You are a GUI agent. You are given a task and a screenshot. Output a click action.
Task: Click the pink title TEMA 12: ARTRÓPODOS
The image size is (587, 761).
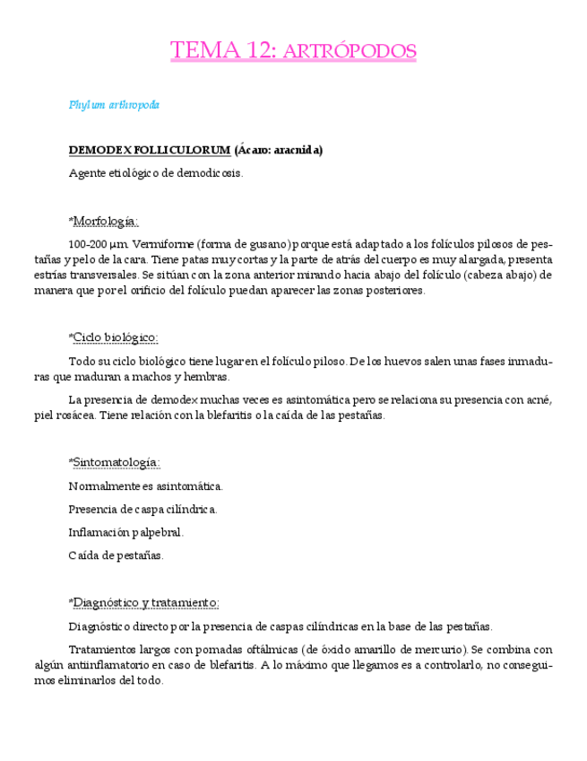click(293, 51)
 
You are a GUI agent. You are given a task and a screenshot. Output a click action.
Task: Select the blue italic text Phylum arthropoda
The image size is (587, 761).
click(114, 105)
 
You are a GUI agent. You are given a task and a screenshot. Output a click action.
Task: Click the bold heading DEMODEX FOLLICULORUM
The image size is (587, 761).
click(150, 150)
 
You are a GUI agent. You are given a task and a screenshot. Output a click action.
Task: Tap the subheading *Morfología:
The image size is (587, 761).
click(103, 221)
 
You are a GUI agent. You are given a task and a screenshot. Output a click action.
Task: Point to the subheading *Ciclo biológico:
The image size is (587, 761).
click(113, 337)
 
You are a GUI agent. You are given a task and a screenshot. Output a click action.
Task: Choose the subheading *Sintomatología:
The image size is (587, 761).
click(114, 462)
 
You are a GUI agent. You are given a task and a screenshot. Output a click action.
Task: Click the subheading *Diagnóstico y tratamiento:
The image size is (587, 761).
click(143, 602)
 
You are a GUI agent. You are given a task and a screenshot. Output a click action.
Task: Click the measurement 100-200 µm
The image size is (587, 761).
click(99, 244)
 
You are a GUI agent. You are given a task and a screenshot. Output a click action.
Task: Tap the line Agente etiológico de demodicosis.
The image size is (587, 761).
click(156, 173)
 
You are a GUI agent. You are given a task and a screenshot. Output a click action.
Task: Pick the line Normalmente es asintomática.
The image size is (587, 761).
click(145, 486)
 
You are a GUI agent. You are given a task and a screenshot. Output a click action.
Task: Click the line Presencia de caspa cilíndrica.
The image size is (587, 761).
click(142, 510)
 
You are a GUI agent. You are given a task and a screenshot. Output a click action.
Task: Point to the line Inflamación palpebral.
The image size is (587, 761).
click(126, 532)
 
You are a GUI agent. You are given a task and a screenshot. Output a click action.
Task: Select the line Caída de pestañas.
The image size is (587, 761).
click(116, 555)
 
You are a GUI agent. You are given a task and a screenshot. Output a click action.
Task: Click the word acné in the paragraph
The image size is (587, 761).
click(538, 399)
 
